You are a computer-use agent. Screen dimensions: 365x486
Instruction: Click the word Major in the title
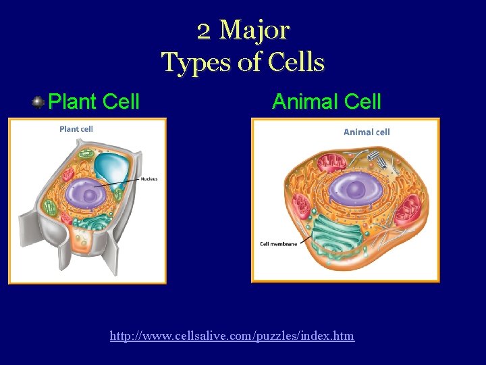pyautogui.click(x=255, y=30)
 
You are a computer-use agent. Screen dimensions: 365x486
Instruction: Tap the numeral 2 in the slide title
pyautogui.click(x=204, y=30)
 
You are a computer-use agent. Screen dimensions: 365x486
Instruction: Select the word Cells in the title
pyautogui.click(x=296, y=62)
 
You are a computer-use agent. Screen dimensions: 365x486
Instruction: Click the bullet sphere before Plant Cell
pyautogui.click(x=38, y=102)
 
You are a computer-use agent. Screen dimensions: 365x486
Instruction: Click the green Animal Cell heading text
pyautogui.click(x=326, y=102)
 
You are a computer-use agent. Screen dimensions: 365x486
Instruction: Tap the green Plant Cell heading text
pyautogui.click(x=94, y=102)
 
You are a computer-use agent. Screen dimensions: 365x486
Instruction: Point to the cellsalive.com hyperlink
pyautogui.click(x=232, y=335)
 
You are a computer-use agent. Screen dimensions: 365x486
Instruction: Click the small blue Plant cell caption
pyautogui.click(x=76, y=128)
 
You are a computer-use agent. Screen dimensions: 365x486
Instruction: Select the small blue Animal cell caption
pyautogui.click(x=367, y=132)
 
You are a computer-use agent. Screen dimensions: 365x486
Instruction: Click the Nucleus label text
pyautogui.click(x=149, y=179)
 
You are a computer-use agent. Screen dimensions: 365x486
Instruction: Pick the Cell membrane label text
pyautogui.click(x=278, y=243)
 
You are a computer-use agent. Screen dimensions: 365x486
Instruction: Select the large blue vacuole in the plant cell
pyautogui.click(x=111, y=169)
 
